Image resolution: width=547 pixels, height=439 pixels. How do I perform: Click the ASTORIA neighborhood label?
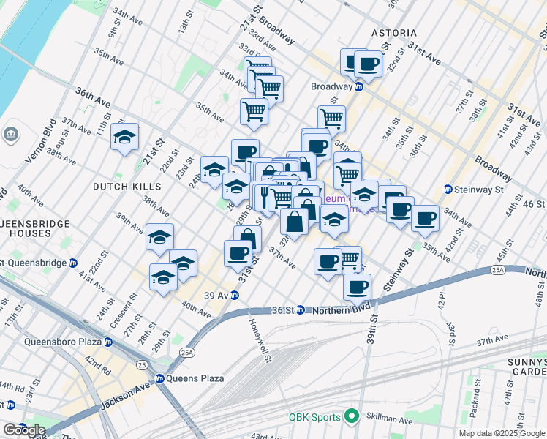pyautogui.click(x=393, y=33)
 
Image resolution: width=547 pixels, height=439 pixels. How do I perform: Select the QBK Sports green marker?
pyautogui.click(x=352, y=417)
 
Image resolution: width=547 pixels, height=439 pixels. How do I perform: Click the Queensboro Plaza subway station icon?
pyautogui.click(x=108, y=342)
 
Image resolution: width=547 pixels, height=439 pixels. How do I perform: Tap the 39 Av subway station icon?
pyautogui.click(x=235, y=296)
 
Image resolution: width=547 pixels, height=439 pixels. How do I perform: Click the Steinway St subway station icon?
pyautogui.click(x=448, y=190)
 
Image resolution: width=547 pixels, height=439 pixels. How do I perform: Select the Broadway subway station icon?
pyautogui.click(x=359, y=86)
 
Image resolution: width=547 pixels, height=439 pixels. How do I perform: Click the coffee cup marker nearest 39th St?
pyautogui.click(x=357, y=287)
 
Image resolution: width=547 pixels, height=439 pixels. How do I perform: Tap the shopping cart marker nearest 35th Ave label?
pyautogui.click(x=254, y=111)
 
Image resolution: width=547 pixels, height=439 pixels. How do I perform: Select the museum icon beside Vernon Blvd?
pyautogui.click(x=12, y=135)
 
